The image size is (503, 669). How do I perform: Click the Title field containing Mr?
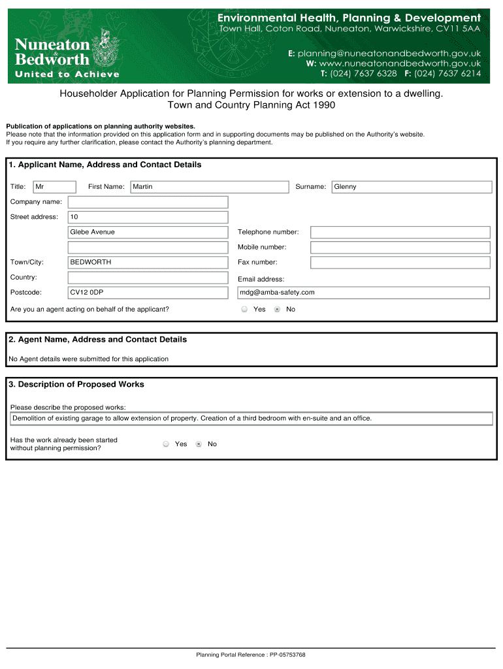pos(55,187)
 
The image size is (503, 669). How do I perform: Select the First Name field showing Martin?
pos(209,187)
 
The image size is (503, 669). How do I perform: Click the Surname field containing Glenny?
pos(412,187)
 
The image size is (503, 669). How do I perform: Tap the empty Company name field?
pos(148,202)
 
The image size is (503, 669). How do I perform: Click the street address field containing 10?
pos(148,217)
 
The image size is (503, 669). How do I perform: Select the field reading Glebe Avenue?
pos(148,232)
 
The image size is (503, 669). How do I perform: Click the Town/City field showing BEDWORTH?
pos(148,262)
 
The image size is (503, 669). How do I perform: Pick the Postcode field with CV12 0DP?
pos(148,292)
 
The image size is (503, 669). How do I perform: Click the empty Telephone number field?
pos(400,232)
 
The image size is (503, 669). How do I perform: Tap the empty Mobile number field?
pos(400,247)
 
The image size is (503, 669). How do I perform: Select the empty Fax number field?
pos(400,262)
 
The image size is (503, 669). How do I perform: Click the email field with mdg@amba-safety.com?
pos(364,293)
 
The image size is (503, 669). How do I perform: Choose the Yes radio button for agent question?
pos(244,310)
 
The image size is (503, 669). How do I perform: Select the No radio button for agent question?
pos(277,310)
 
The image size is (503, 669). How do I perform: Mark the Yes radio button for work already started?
pos(166,444)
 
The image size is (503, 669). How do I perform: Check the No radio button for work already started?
pos(199,444)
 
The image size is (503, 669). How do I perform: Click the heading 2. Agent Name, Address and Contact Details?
pos(98,340)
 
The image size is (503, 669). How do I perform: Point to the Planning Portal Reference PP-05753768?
pos(251,655)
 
